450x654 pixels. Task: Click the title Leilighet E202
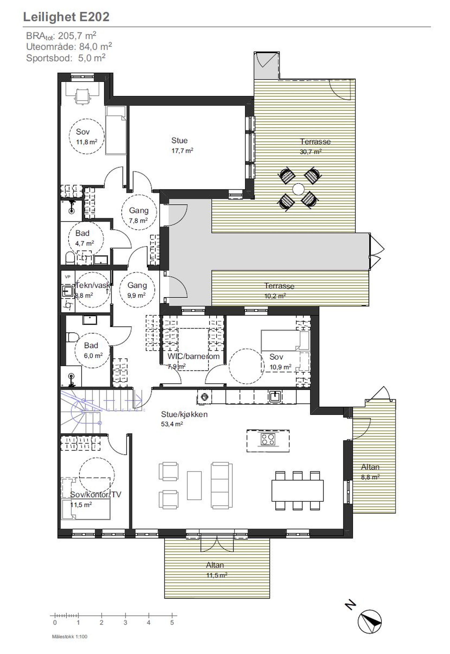[x=66, y=17]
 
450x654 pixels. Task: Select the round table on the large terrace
[x=298, y=188]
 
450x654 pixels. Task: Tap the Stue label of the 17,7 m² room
[x=179, y=140]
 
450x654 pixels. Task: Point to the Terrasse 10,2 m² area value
[x=275, y=296]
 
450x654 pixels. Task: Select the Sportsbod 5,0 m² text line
[x=66, y=58]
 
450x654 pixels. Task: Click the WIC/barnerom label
[x=193, y=356]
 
